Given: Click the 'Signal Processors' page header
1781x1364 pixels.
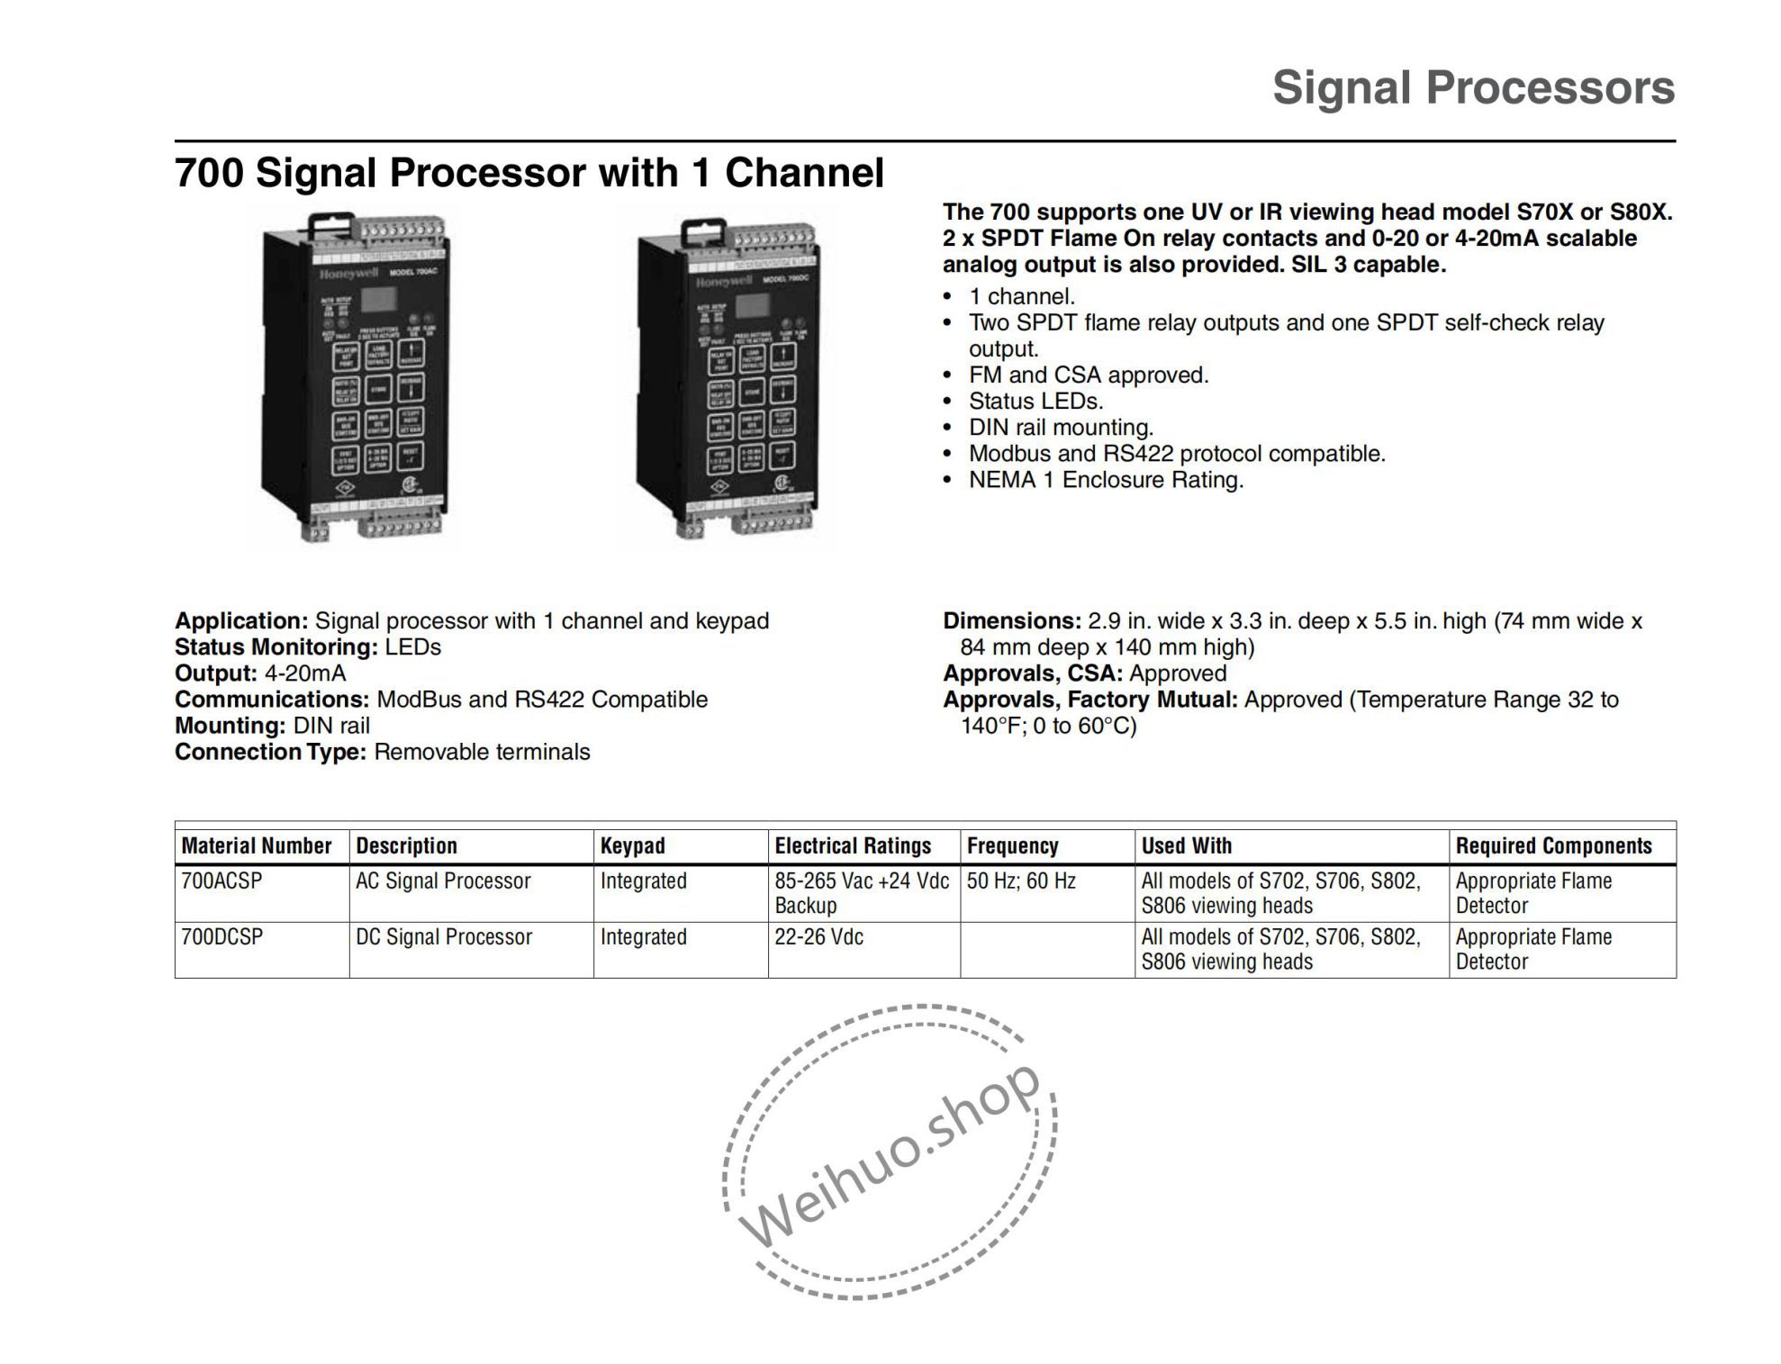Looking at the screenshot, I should pyautogui.click(x=1473, y=88).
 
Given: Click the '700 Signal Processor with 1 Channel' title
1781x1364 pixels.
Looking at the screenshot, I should pyautogui.click(x=529, y=172).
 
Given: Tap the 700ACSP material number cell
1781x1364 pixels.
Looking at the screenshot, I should pyautogui.click(x=222, y=881).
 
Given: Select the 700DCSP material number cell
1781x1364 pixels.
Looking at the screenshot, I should pyautogui.click(x=222, y=936).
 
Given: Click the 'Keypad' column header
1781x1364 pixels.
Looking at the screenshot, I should pyautogui.click(x=633, y=845).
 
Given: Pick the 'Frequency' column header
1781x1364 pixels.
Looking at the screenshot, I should pyautogui.click(x=1012, y=845).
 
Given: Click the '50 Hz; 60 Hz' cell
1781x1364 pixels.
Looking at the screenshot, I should pyautogui.click(x=1021, y=881).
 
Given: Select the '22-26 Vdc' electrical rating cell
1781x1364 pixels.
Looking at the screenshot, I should pyautogui.click(x=818, y=936).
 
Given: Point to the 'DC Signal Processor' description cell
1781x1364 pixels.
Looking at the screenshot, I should pyautogui.click(x=444, y=936).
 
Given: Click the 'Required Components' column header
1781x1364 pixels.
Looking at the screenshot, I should pyautogui.click(x=1553, y=845).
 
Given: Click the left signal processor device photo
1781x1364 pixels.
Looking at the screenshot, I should pyautogui.click(x=352, y=378).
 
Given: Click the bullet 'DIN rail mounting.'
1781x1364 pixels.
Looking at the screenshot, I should pyautogui.click(x=1061, y=427).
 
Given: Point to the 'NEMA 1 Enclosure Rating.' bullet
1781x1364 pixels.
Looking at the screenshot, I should pyautogui.click(x=1106, y=479).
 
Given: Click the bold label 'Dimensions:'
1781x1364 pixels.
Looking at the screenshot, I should pyautogui.click(x=1011, y=620).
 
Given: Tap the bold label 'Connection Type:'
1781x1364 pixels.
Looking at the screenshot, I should pyautogui.click(x=270, y=752).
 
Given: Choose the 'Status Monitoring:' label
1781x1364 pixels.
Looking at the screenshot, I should pyautogui.click(x=276, y=646).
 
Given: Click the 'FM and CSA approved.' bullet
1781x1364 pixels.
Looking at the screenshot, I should pyautogui.click(x=1089, y=375).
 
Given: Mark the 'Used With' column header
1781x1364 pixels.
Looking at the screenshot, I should pyautogui.click(x=1186, y=845).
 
